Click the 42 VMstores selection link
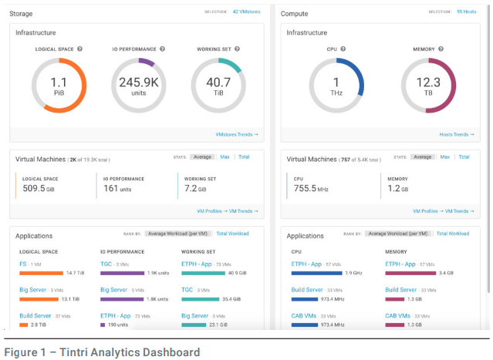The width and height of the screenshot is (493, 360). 247,12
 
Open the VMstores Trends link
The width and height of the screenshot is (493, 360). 237,134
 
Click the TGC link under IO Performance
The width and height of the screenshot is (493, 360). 107,264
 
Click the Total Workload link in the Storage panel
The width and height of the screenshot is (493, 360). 232,234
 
